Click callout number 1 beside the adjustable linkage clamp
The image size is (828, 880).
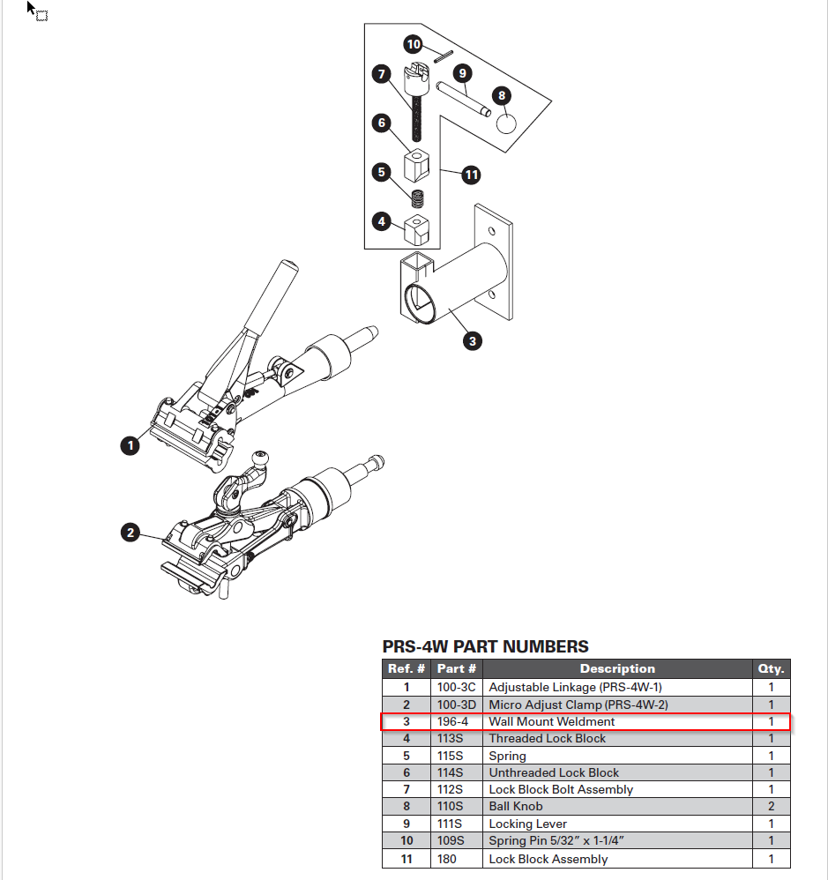point(131,445)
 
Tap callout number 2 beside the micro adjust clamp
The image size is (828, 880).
point(131,533)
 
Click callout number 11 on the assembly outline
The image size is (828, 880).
point(472,175)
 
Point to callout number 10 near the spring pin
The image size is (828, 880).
point(414,44)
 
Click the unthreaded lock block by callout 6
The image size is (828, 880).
point(416,165)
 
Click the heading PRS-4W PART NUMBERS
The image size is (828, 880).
point(485,646)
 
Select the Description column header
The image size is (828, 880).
point(617,668)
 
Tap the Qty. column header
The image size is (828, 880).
point(771,668)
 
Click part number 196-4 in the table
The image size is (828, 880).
point(451,721)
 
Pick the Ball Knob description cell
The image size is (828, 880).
point(516,806)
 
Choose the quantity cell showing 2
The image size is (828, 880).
point(771,806)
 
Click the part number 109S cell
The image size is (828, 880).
point(451,840)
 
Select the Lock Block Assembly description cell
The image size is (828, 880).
point(548,858)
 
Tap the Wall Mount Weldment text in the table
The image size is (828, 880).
point(552,721)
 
